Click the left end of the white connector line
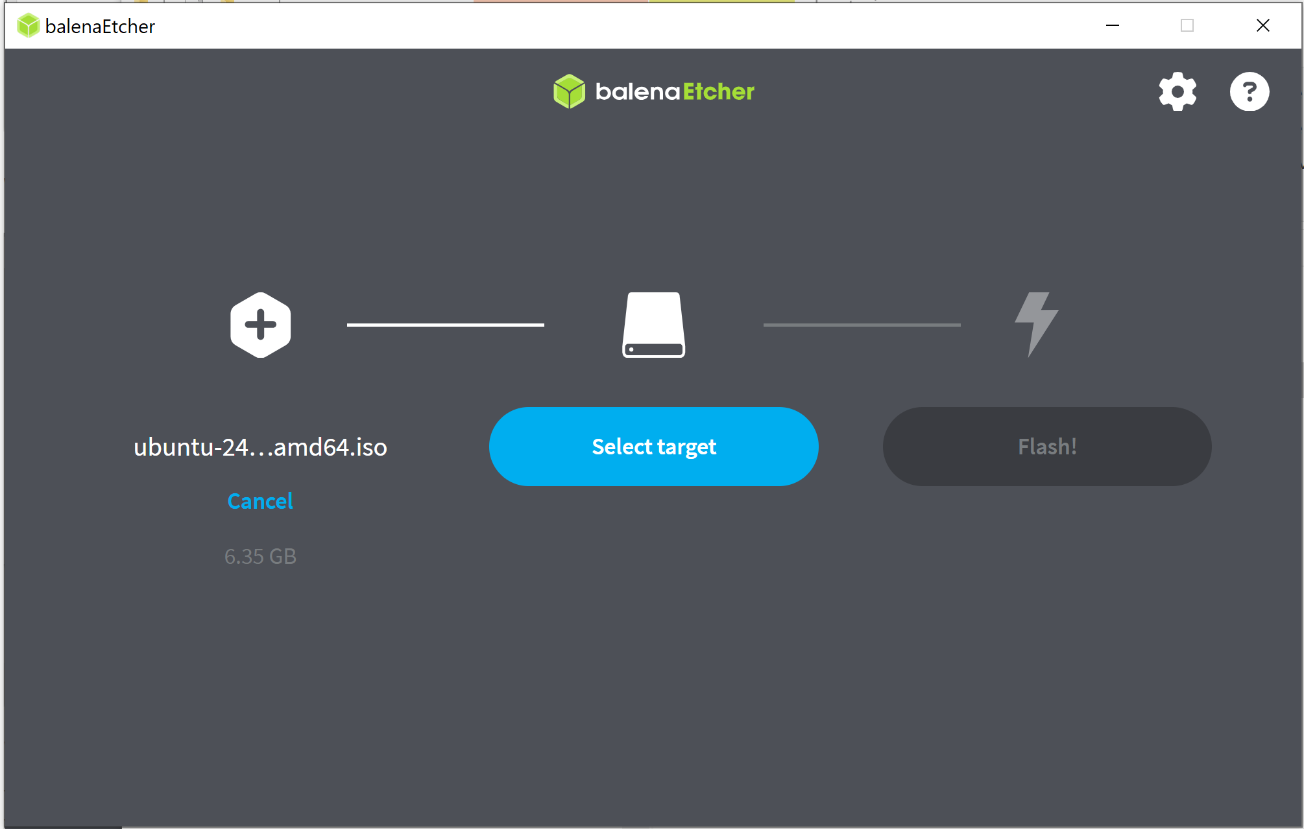tap(348, 325)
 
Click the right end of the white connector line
tap(544, 325)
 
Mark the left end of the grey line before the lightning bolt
tap(764, 325)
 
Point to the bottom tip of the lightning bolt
tap(1030, 356)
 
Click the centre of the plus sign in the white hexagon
tap(261, 325)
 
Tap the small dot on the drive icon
tap(631, 349)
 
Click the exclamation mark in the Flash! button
tap(1074, 446)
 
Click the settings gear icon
tap(1177, 91)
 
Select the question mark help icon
tap(1250, 91)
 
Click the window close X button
tap(1262, 25)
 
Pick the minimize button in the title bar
tap(1113, 25)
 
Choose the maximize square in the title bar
tap(1187, 25)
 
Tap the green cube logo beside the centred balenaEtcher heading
tap(570, 91)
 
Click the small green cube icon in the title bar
tap(29, 26)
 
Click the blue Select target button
tap(654, 447)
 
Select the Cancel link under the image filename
tap(260, 501)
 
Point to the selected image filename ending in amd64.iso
tap(260, 447)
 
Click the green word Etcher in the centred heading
tap(719, 91)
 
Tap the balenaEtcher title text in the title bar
tap(100, 26)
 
